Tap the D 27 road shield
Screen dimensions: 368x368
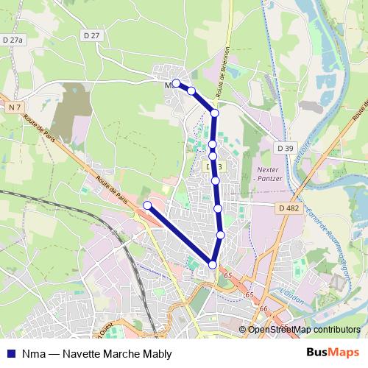tap(91, 35)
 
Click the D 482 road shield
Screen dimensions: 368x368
tap(289, 208)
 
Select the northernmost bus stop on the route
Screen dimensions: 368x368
tap(177, 83)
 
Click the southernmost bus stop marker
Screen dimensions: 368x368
tap(213, 264)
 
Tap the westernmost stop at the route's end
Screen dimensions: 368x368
tap(147, 205)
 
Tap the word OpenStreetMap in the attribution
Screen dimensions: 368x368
tap(277, 329)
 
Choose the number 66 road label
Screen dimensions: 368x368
tap(263, 308)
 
